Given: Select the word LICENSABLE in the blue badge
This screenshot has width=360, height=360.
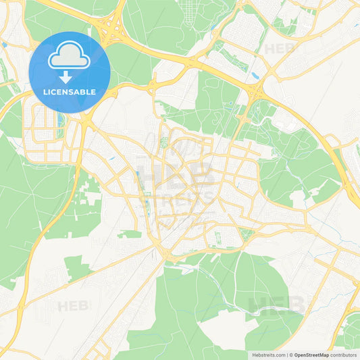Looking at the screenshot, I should (x=70, y=92).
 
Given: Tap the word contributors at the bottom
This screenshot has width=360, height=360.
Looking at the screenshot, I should (x=343, y=355).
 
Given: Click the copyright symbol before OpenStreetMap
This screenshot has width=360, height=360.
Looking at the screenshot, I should (x=290, y=355).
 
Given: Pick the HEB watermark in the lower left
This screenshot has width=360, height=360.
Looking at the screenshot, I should (x=73, y=306).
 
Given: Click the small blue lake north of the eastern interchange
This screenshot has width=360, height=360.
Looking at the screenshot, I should (x=254, y=75).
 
